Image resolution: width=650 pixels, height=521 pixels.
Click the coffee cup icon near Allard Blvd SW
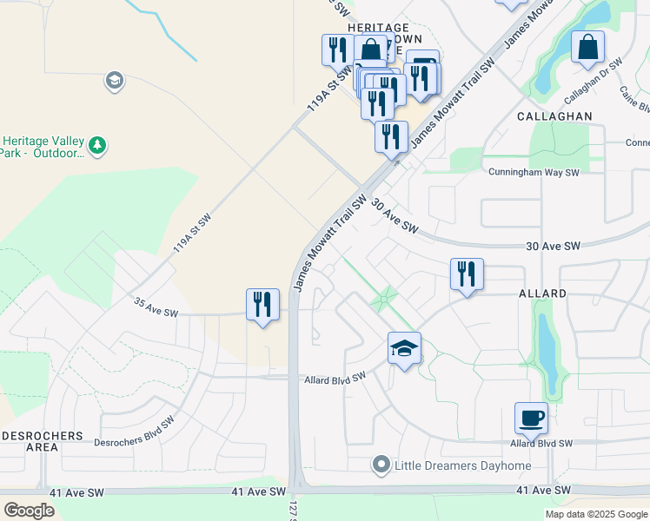point(531,418)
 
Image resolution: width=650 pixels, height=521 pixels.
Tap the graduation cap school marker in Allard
point(404,348)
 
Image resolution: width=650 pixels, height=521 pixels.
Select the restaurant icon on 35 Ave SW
point(262,305)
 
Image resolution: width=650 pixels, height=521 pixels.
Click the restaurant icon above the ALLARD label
point(467,274)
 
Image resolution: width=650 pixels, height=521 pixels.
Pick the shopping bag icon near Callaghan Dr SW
point(587,47)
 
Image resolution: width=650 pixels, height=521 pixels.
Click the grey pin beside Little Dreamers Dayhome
point(381,465)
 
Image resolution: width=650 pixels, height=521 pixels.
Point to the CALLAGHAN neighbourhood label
point(554,115)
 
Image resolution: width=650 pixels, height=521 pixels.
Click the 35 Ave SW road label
point(156,308)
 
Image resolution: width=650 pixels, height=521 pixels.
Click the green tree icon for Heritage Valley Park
point(98,144)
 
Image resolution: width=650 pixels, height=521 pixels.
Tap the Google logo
point(30,510)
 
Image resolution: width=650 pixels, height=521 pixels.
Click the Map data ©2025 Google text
point(595,514)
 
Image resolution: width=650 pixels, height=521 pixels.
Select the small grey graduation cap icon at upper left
point(114,82)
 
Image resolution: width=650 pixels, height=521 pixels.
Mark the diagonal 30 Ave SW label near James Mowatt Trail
point(395,217)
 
